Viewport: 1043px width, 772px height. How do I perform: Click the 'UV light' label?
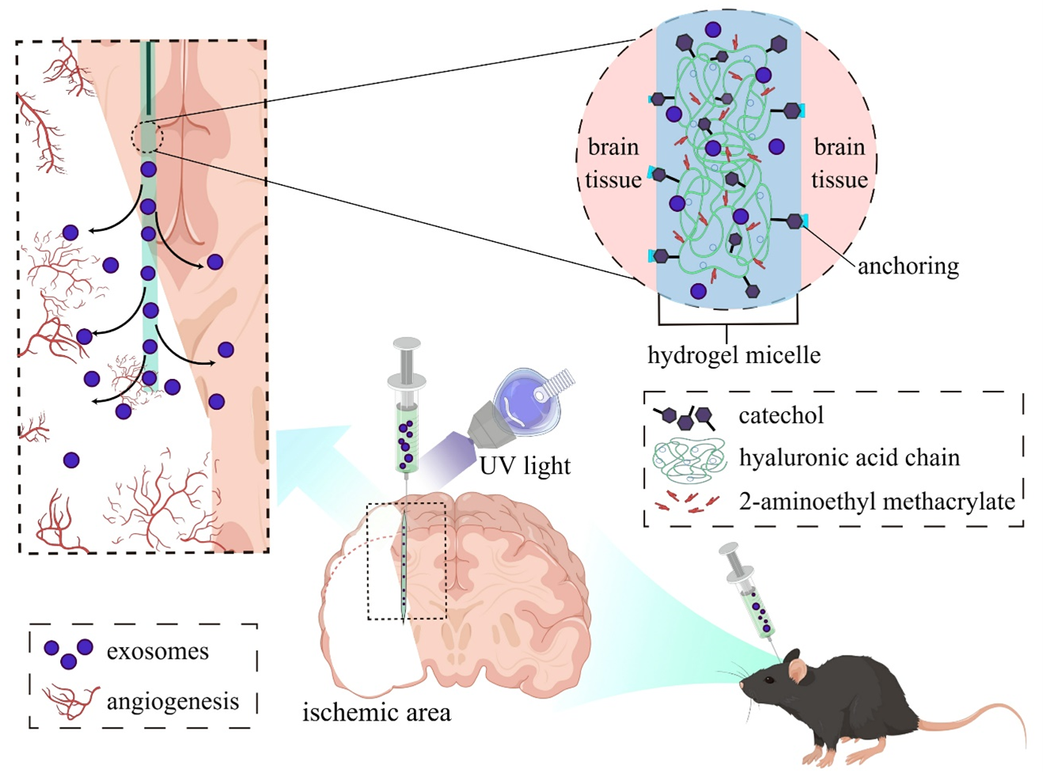525,466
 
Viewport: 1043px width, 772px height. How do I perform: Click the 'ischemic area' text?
376,712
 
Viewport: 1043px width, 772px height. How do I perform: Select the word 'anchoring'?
908,267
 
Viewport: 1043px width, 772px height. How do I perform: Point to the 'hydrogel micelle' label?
734,355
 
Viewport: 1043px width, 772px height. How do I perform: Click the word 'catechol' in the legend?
781,415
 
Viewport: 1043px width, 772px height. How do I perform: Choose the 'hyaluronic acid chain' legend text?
850,457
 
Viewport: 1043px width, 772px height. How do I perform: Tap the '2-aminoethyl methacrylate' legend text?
877,501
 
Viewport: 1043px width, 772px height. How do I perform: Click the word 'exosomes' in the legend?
157,652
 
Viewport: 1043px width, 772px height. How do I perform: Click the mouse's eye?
769,680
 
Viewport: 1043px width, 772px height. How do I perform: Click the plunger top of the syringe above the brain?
407,342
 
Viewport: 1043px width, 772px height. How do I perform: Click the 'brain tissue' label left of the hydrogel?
613,164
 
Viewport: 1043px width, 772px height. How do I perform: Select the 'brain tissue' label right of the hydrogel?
840,164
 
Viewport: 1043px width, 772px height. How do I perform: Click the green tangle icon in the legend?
689,458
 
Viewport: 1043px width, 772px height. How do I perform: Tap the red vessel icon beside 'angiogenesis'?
70,702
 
